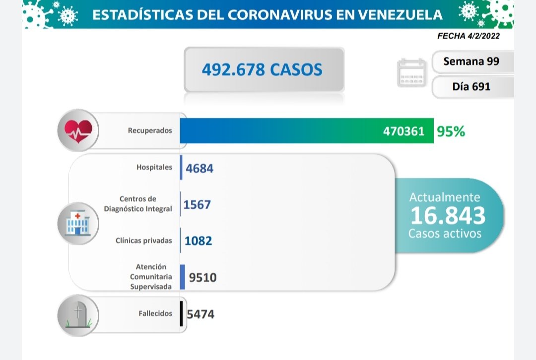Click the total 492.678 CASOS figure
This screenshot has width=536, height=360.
pos(262,69)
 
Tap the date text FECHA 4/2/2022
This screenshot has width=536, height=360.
pos(469,36)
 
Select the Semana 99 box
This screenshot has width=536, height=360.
pos(471,61)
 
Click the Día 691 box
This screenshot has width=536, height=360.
pos(471,86)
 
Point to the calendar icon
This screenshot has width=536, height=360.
pos(412,73)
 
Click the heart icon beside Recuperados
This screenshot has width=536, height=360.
pos(78,130)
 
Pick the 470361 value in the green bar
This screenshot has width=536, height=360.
pos(403,131)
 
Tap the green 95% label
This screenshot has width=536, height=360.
pos(451,131)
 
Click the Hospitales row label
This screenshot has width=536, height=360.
pos(154,167)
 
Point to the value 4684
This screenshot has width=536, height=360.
pos(200,168)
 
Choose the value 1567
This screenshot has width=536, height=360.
pos(197,204)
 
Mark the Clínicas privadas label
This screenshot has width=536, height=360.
pos(144,240)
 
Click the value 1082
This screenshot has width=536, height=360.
pos(198,241)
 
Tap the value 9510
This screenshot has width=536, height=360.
pos(202,277)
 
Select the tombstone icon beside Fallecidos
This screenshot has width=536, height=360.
pos(78,316)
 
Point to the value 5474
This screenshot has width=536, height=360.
pos(201,314)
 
